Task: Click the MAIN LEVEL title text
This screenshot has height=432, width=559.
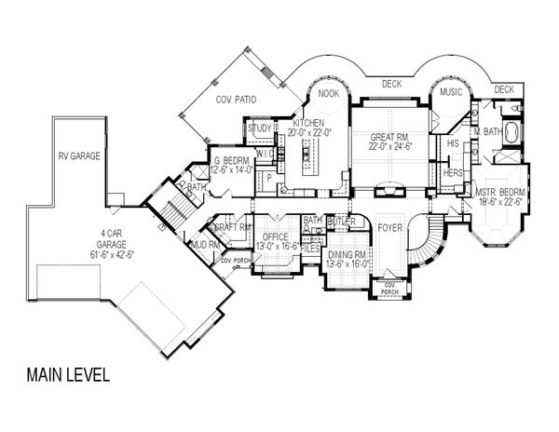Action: [x=69, y=377]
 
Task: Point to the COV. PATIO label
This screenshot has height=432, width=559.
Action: [x=237, y=100]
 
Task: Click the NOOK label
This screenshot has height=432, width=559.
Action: [x=328, y=93]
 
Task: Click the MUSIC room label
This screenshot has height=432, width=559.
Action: [x=452, y=93]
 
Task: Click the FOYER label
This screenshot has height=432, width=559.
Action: [x=390, y=225]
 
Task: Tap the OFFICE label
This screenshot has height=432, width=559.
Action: [x=277, y=237]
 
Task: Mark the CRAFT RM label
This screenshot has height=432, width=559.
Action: [x=233, y=226]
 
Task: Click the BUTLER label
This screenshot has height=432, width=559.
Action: [x=340, y=224]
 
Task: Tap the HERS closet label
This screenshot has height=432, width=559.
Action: [x=454, y=173]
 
